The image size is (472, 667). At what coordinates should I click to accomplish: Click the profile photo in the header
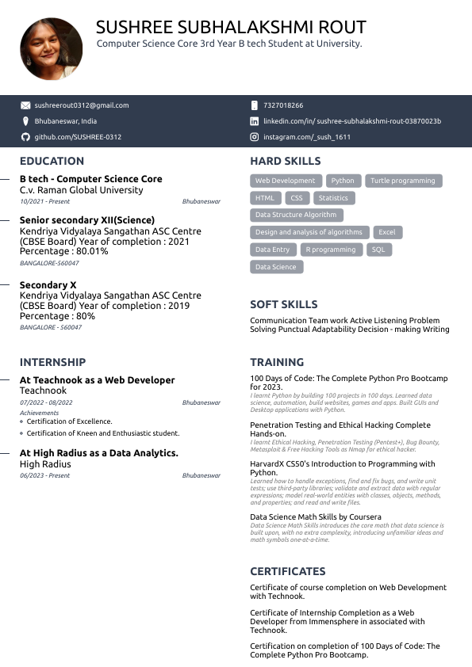click(52, 49)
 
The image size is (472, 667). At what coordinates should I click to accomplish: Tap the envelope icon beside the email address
click(25, 105)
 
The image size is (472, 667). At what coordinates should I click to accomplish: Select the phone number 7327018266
click(283, 105)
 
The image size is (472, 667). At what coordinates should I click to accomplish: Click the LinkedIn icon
click(255, 121)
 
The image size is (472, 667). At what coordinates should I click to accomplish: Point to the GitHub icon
click(25, 137)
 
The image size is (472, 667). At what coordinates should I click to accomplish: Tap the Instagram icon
click(255, 137)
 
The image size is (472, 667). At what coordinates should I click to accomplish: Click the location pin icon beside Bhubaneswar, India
click(25, 121)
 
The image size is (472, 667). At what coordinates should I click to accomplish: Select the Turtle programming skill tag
click(403, 181)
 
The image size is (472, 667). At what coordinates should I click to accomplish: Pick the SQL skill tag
click(378, 250)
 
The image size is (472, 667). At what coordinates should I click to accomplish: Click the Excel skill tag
click(386, 232)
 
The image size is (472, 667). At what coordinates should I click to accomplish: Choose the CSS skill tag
click(296, 198)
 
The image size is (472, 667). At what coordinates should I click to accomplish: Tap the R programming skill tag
click(331, 250)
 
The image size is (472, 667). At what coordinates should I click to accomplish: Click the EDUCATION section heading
click(52, 162)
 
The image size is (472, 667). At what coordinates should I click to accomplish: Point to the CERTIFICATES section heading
click(288, 571)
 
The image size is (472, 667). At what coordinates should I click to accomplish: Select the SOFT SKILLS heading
click(284, 304)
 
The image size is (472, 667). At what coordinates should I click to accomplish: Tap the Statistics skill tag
click(333, 198)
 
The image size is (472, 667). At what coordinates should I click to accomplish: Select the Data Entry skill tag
click(272, 250)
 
